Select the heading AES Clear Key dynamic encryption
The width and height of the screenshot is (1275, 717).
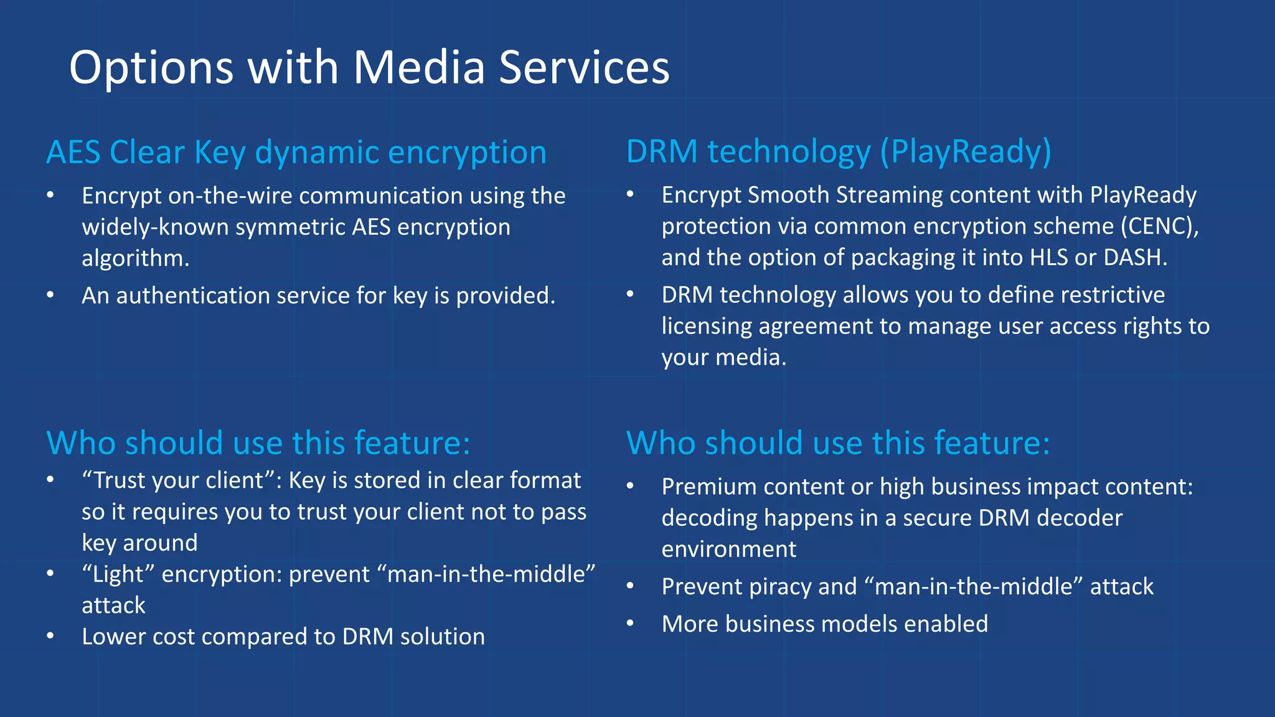pyautogui.click(x=296, y=152)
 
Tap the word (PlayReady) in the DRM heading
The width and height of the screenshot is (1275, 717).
pyautogui.click(x=966, y=152)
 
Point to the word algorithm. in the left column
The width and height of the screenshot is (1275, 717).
pyautogui.click(x=135, y=258)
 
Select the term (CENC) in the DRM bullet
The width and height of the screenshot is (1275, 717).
pyautogui.click(x=1159, y=226)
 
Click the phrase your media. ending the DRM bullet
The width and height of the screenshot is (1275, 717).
pyautogui.click(x=724, y=358)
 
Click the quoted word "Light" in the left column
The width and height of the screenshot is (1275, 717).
pyautogui.click(x=118, y=574)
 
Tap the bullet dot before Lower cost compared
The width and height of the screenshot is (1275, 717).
pyautogui.click(x=50, y=636)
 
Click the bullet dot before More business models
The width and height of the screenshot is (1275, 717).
pyautogui.click(x=630, y=624)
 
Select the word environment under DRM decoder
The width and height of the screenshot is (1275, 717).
pyautogui.click(x=728, y=550)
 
